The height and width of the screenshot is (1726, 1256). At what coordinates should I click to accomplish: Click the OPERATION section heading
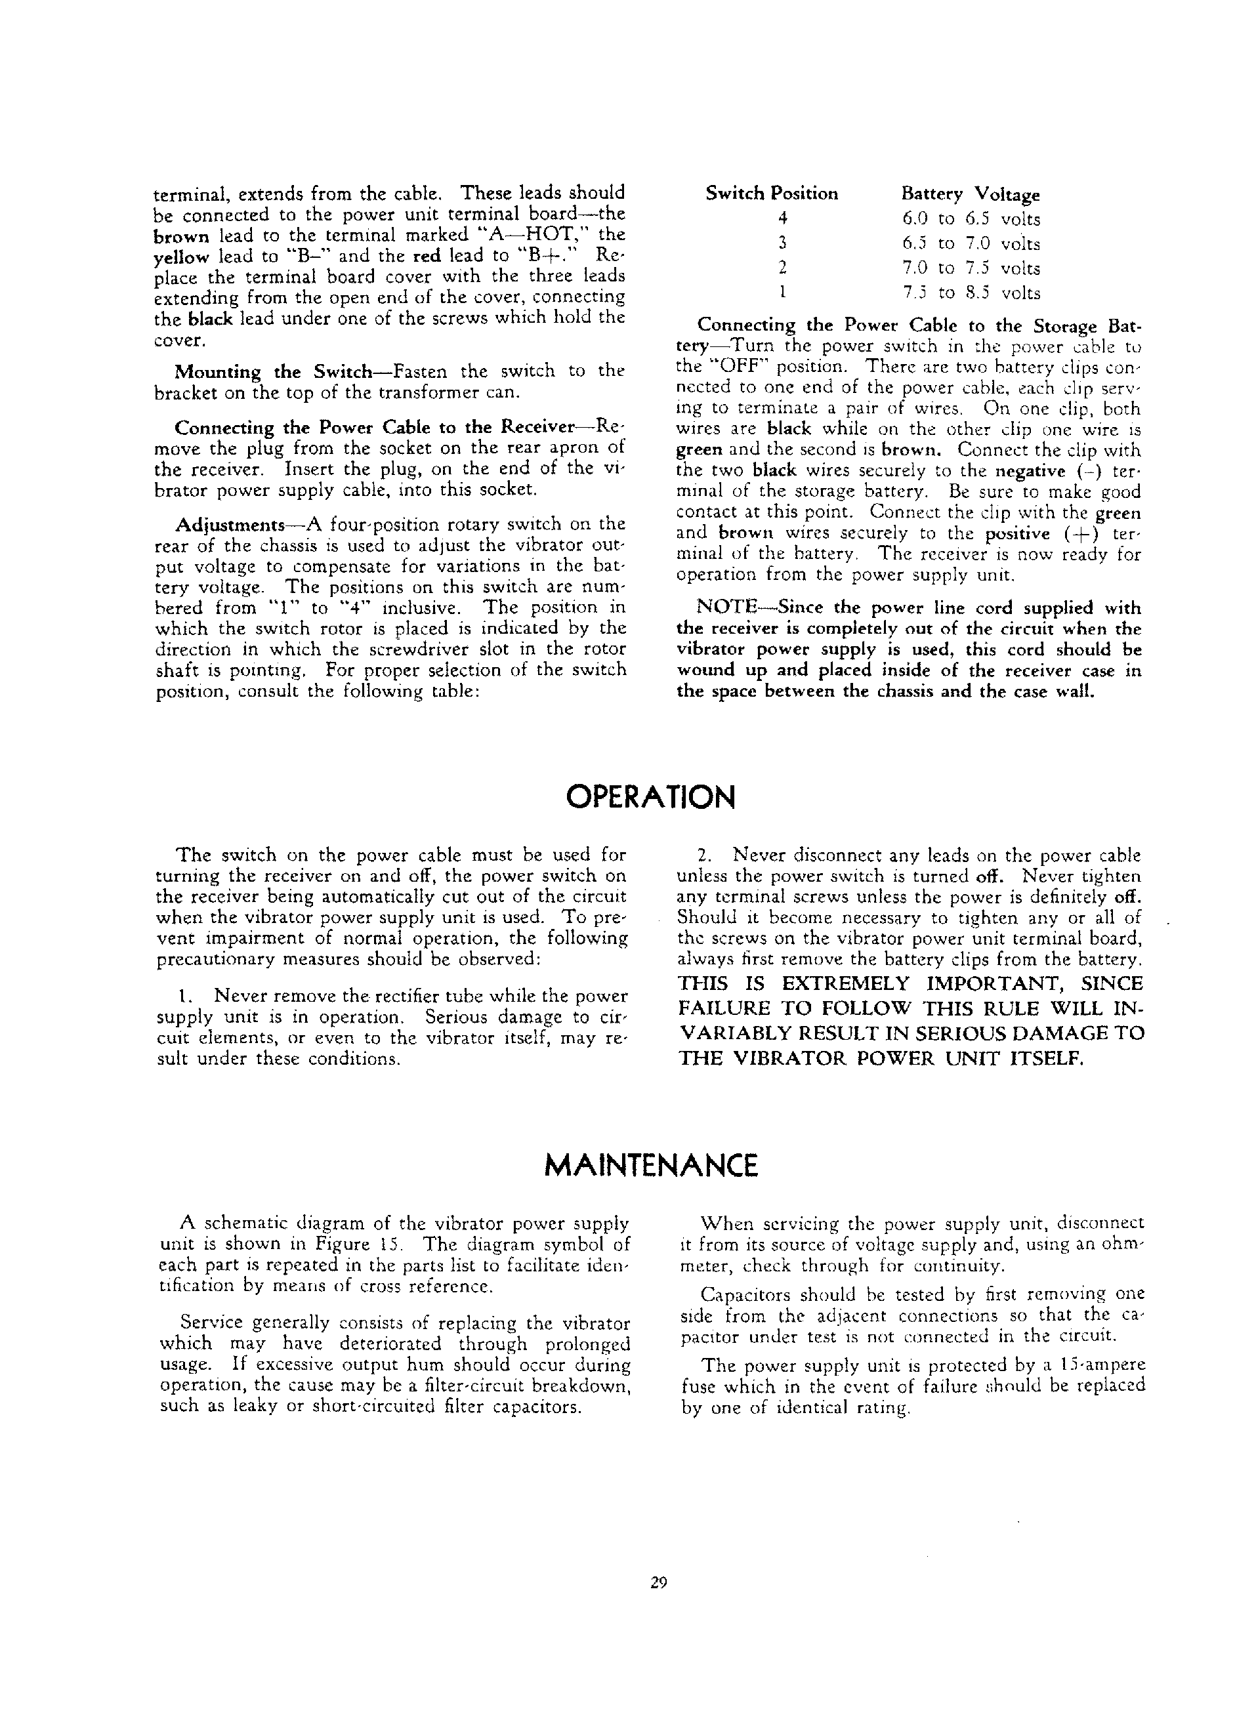click(x=651, y=797)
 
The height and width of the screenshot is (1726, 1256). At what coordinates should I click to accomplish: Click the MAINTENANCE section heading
click(x=652, y=1165)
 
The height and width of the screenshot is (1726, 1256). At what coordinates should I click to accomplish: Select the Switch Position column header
click(x=771, y=194)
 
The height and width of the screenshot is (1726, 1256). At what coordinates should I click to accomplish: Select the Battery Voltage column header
click(x=971, y=195)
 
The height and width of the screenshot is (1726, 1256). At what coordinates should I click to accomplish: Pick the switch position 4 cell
click(x=782, y=218)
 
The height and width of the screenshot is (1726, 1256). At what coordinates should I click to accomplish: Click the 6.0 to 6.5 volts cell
click(x=971, y=219)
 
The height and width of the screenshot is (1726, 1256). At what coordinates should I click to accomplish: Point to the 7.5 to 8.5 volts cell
click(x=971, y=293)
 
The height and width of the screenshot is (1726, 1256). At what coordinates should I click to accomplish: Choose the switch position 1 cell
click(x=782, y=292)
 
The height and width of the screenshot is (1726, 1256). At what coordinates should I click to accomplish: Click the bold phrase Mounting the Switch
click(x=272, y=372)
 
